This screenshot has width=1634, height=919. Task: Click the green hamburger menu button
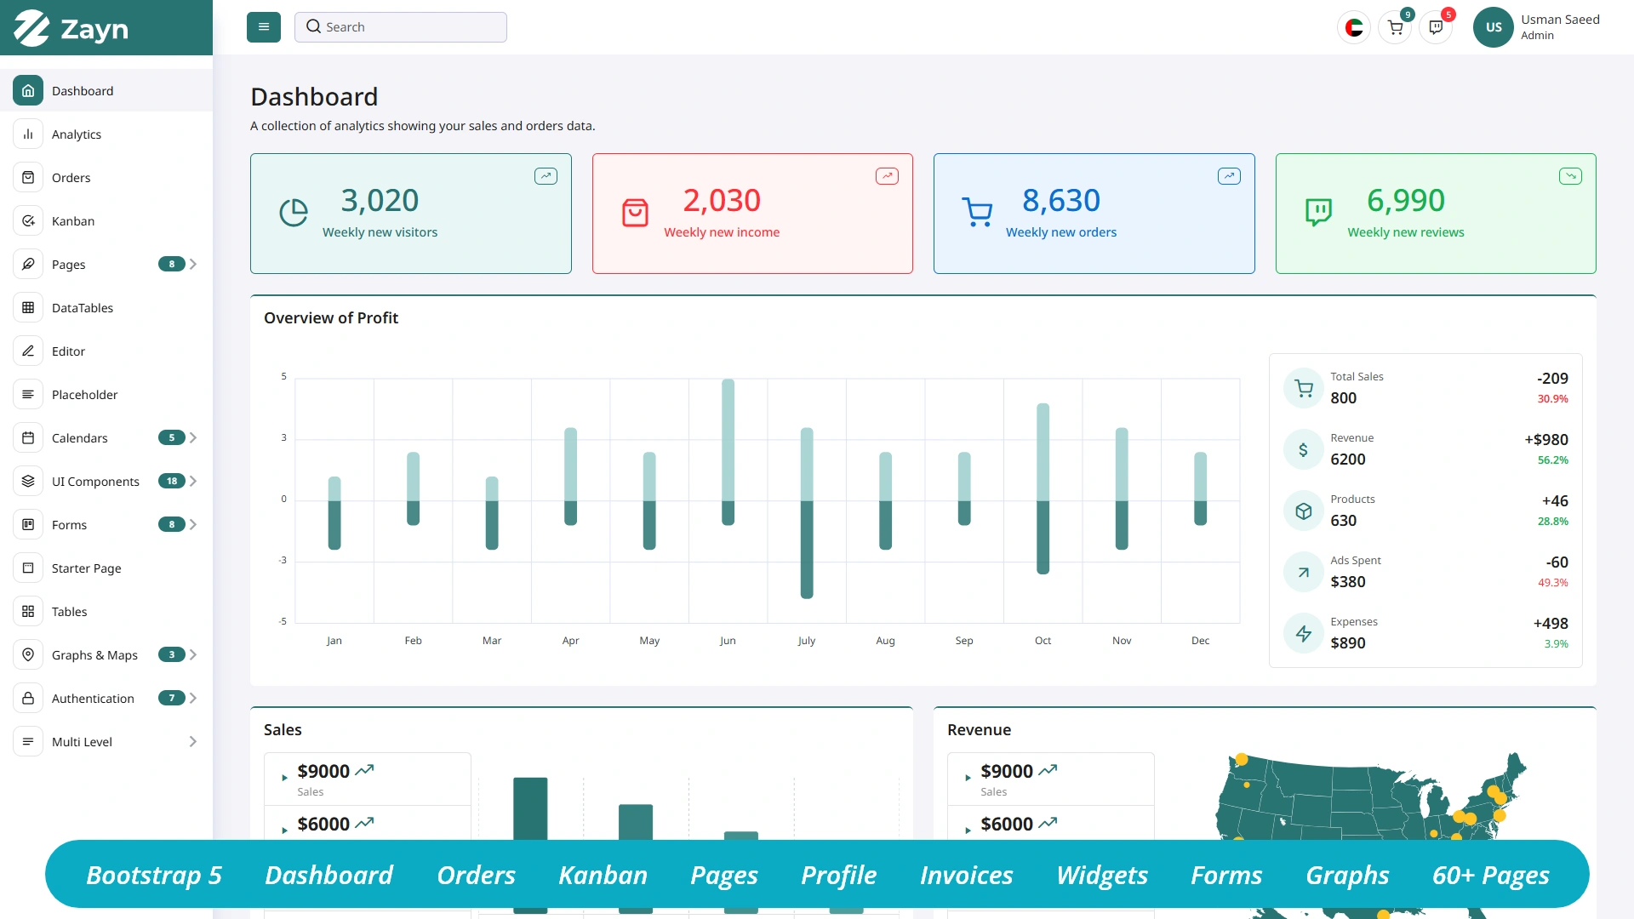[x=264, y=27]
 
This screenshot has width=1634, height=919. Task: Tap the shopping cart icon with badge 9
[x=1395, y=27]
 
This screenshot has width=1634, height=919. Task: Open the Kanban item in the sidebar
[x=73, y=221]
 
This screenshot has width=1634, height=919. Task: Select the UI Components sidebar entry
[x=95, y=482]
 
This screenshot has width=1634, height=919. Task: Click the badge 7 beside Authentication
[x=171, y=699]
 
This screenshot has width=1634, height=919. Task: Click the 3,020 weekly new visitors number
[x=380, y=201]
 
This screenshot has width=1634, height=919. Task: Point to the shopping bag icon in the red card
[x=635, y=213]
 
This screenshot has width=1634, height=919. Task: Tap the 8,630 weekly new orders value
[x=1060, y=201]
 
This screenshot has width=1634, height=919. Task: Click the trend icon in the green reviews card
[x=1570, y=176]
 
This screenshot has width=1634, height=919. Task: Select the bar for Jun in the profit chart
[x=728, y=451]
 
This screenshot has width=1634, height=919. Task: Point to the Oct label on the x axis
[x=1043, y=641]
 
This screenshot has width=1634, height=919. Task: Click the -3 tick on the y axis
[x=283, y=560]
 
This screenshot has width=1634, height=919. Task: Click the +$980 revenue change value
[x=1545, y=440]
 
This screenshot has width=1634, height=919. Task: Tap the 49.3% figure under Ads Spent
[x=1552, y=583]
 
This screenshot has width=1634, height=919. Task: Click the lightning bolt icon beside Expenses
[x=1303, y=633]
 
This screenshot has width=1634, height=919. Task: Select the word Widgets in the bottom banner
[x=1101, y=875]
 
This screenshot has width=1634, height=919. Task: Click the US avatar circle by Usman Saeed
[x=1493, y=27]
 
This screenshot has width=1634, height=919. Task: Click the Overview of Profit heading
[x=331, y=318]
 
